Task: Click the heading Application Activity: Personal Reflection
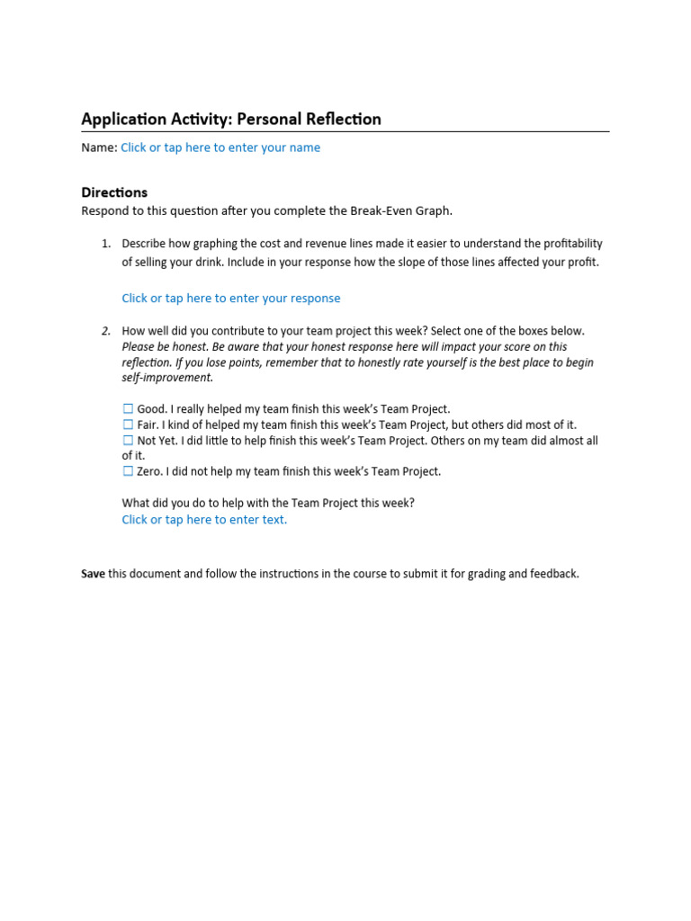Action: coord(231,119)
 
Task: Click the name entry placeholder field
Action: coord(220,148)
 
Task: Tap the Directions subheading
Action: coord(114,192)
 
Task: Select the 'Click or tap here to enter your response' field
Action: coord(231,298)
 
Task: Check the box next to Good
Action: coord(128,409)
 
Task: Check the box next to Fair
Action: coord(128,425)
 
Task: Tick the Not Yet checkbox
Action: coord(128,441)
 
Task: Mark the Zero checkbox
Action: coord(128,471)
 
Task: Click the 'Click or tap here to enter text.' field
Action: coord(204,520)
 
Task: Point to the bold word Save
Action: coord(94,574)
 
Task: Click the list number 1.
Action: coord(105,244)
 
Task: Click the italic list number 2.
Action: coord(105,331)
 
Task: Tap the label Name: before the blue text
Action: coord(99,148)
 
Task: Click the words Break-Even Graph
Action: coord(404,210)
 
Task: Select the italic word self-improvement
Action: coord(167,378)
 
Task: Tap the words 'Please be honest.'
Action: coord(165,347)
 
